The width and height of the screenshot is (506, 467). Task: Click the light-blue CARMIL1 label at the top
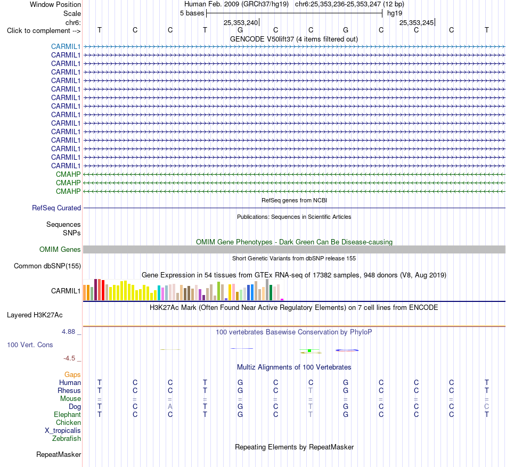pyautogui.click(x=66, y=46)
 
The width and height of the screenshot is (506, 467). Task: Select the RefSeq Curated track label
pyautogui.click(x=56, y=208)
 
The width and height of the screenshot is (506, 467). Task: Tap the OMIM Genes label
pyautogui.click(x=60, y=249)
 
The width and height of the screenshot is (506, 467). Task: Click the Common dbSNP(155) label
pyautogui.click(x=47, y=266)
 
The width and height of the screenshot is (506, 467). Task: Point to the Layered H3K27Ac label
pyautogui.click(x=35, y=315)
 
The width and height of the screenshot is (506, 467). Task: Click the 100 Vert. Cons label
pyautogui.click(x=30, y=345)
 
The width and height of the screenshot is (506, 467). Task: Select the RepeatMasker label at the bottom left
pyautogui.click(x=59, y=454)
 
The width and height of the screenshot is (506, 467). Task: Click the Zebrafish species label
pyautogui.click(x=67, y=439)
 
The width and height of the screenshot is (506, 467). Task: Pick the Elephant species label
pyautogui.click(x=68, y=414)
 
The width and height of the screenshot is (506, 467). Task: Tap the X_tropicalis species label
pyautogui.click(x=63, y=431)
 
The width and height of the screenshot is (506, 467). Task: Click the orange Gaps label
pyautogui.click(x=72, y=374)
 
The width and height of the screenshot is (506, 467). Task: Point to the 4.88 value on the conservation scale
pyautogui.click(x=68, y=332)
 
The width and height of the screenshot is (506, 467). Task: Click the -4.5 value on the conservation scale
pyautogui.click(x=69, y=358)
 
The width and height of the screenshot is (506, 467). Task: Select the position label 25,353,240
pyautogui.click(x=241, y=22)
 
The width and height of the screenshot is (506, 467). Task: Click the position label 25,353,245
pyautogui.click(x=417, y=22)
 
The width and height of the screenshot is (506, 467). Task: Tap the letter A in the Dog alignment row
pyautogui.click(x=170, y=407)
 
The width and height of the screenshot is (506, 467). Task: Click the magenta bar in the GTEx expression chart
pyautogui.click(x=282, y=300)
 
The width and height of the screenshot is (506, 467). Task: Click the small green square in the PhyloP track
pyautogui.click(x=309, y=350)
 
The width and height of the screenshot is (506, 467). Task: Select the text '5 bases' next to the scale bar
pyautogui.click(x=192, y=13)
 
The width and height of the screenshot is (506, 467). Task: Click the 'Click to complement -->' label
pyautogui.click(x=44, y=31)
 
